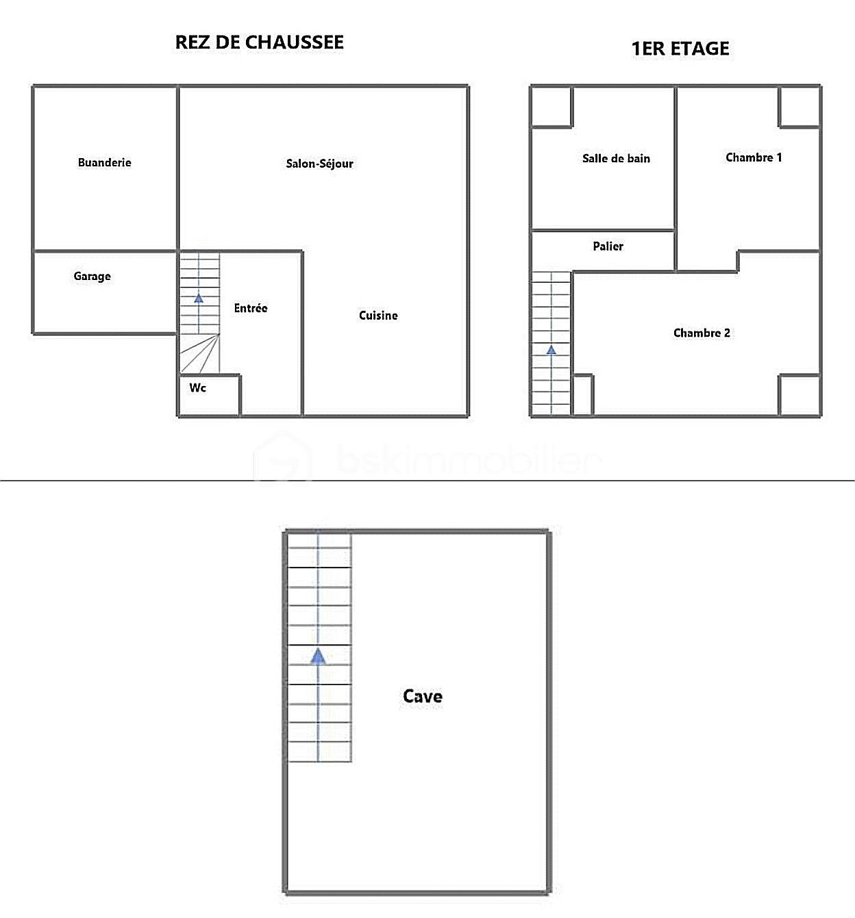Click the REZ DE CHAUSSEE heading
click(259, 42)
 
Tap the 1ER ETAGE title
click(680, 49)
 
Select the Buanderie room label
click(104, 163)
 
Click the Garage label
click(92, 277)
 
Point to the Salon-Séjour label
click(319, 164)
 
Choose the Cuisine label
click(378, 316)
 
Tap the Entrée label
click(250, 309)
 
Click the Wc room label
click(197, 388)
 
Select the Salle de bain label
click(616, 159)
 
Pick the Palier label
click(608, 246)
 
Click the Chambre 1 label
click(754, 158)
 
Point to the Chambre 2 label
click(702, 333)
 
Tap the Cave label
click(423, 697)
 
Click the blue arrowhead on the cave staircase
click(318, 657)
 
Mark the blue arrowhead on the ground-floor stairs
click(199, 298)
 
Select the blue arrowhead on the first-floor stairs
click(551, 350)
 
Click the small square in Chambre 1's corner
click(800, 107)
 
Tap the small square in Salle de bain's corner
click(552, 107)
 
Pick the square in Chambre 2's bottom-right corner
click(800, 394)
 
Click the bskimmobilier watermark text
click(469, 461)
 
